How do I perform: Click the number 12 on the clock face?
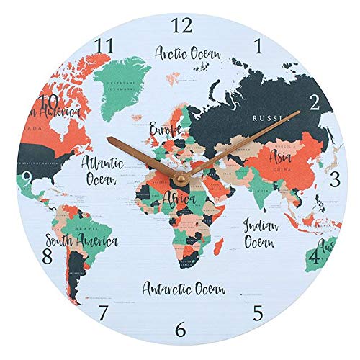[183, 25]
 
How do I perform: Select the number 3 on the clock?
[334, 179]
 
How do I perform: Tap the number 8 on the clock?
[48, 256]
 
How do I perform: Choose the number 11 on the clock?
[105, 46]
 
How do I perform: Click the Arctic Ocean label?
[188, 53]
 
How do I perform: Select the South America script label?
[80, 240]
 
